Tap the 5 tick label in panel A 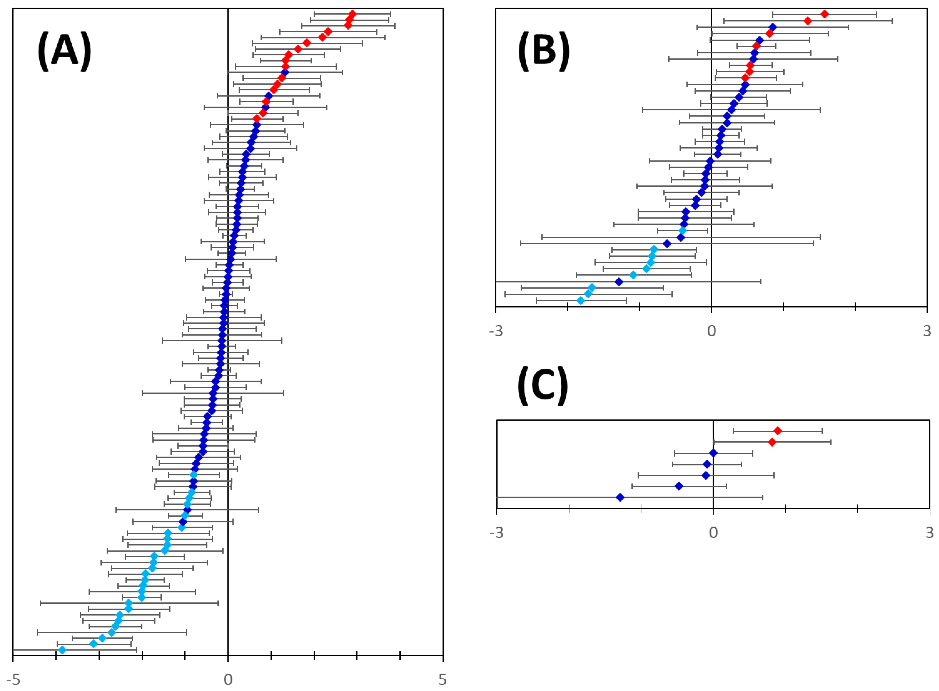443,679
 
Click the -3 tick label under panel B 496,331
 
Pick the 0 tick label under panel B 711,331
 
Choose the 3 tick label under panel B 927,331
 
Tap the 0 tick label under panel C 713,533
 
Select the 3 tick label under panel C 929,533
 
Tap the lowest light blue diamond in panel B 580,300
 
